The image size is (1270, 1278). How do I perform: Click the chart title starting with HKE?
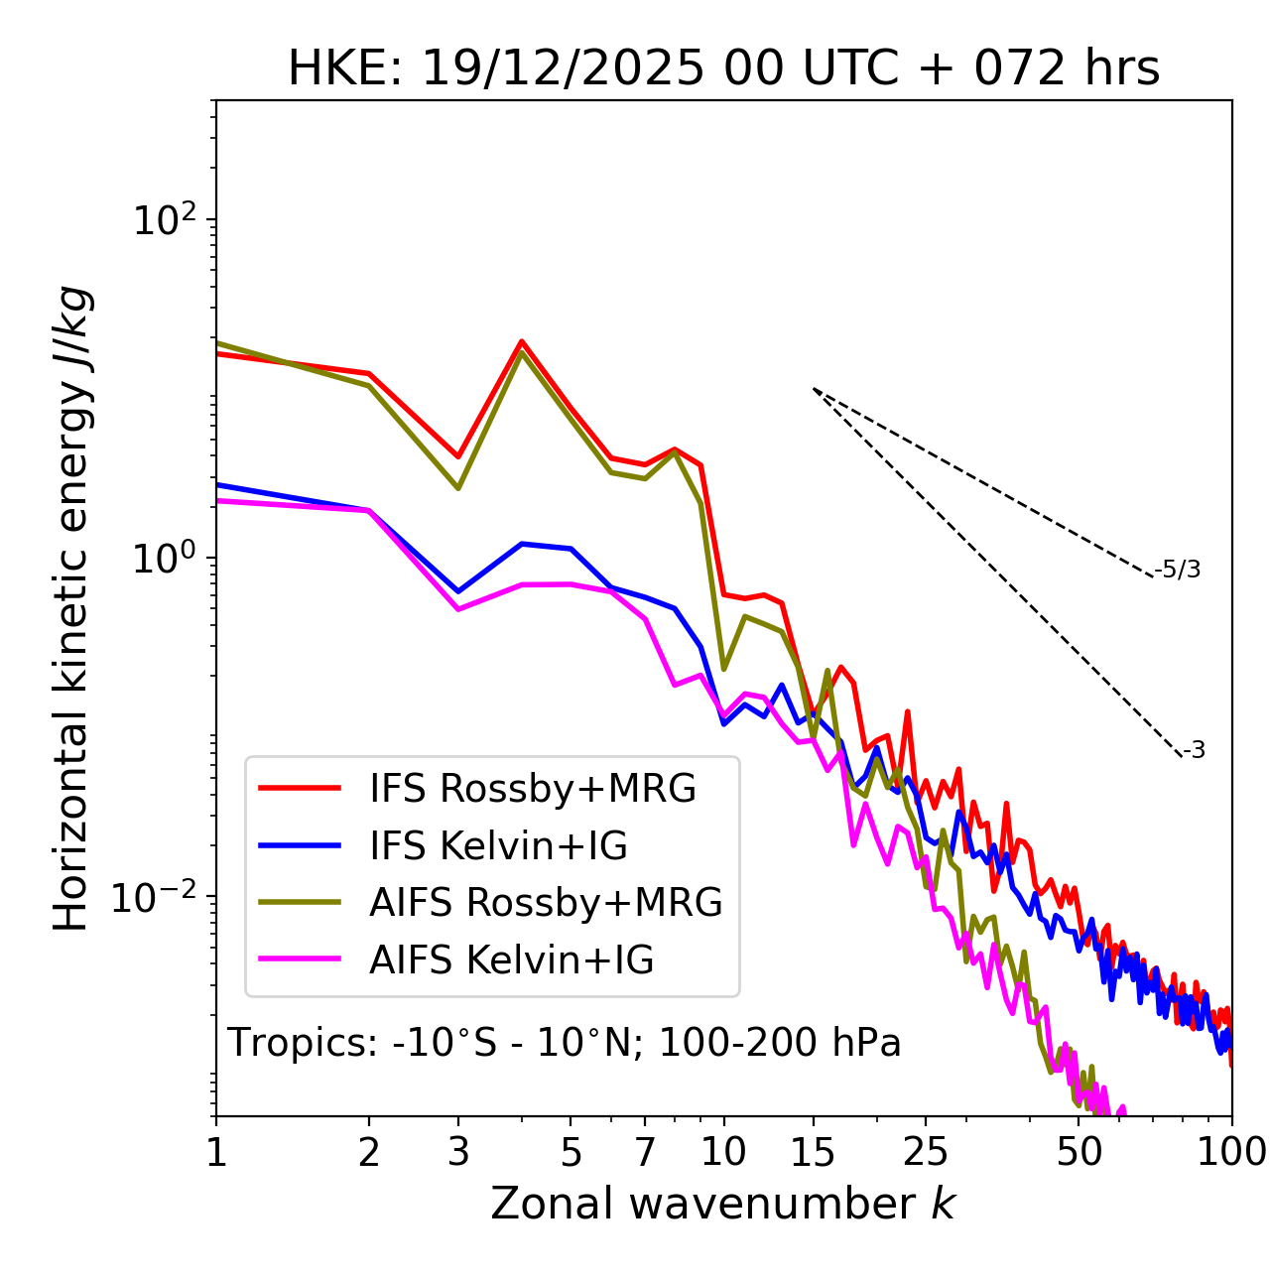point(723,69)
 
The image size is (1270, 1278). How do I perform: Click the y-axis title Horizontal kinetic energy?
point(72,608)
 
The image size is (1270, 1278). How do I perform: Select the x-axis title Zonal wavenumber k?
point(723,1204)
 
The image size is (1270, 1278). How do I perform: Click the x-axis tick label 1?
point(216,1152)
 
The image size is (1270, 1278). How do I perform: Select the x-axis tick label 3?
point(458,1152)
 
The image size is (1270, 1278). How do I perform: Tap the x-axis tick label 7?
point(645,1152)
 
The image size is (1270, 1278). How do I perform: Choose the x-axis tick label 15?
point(813,1152)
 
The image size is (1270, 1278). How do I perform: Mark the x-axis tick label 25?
point(926,1152)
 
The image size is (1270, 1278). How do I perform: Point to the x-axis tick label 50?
point(1079,1152)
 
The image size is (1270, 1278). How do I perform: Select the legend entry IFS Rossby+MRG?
point(532,789)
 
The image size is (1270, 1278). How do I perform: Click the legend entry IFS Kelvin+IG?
point(498,846)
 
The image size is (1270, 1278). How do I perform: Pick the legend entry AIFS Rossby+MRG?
point(546,903)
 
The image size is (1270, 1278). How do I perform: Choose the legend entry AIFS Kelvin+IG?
point(511,960)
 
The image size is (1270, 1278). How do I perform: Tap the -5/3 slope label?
point(1178,570)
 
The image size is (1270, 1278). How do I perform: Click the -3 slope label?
point(1194,751)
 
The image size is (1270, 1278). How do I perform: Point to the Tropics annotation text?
point(565,1044)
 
